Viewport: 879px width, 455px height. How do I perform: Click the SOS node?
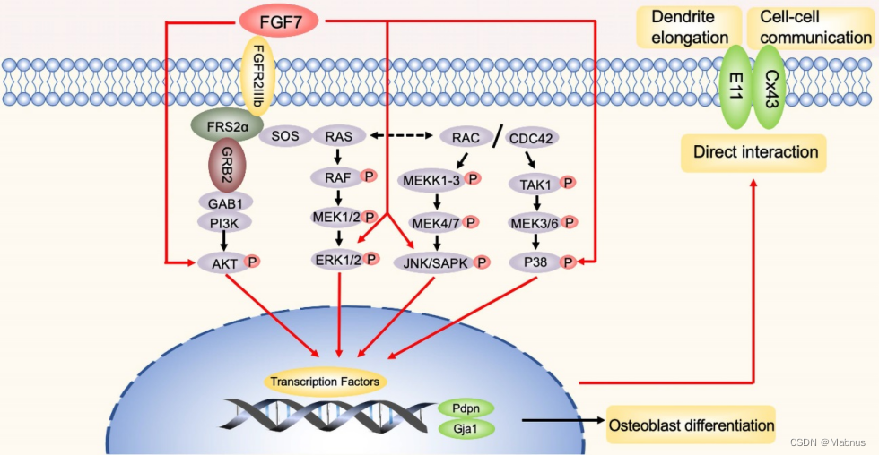(x=283, y=136)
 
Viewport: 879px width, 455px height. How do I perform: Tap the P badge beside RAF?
(x=369, y=177)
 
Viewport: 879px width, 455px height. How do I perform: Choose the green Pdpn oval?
(x=466, y=408)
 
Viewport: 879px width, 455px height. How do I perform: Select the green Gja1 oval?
(x=466, y=430)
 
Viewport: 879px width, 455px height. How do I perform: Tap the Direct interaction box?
(x=755, y=151)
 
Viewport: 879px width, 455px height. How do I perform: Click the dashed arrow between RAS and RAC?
(x=403, y=136)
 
